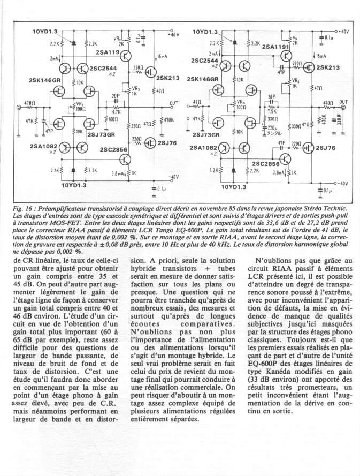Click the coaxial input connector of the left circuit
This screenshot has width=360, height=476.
point(20,108)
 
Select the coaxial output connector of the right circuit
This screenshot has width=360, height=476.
point(343,107)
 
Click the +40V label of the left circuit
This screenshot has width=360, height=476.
point(173,35)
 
